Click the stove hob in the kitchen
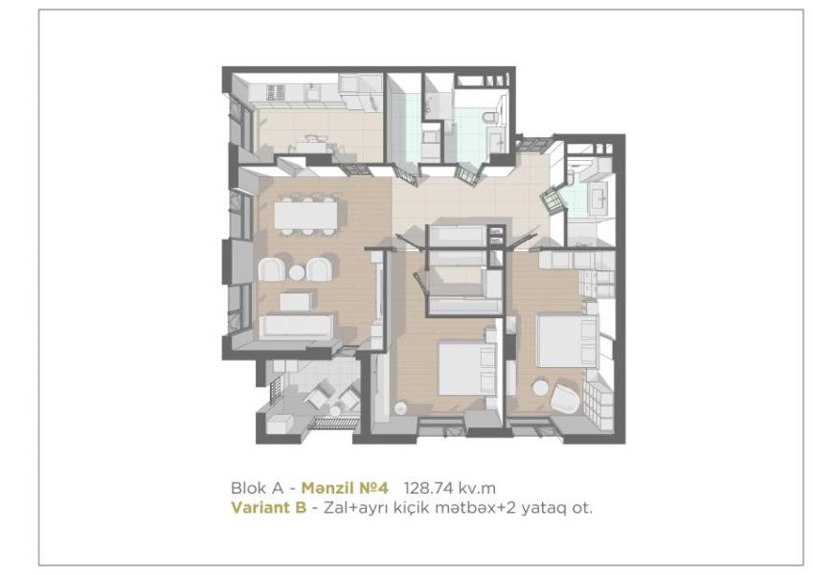tap(276, 92)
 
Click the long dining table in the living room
tap(305, 215)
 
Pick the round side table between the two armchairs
tap(297, 272)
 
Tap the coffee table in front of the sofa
tap(296, 301)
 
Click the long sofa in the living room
tap(296, 327)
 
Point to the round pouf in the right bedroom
tap(540, 388)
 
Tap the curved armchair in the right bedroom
tap(565, 398)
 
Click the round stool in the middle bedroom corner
tap(401, 408)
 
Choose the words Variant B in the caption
tap(268, 507)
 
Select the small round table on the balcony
tap(335, 410)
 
